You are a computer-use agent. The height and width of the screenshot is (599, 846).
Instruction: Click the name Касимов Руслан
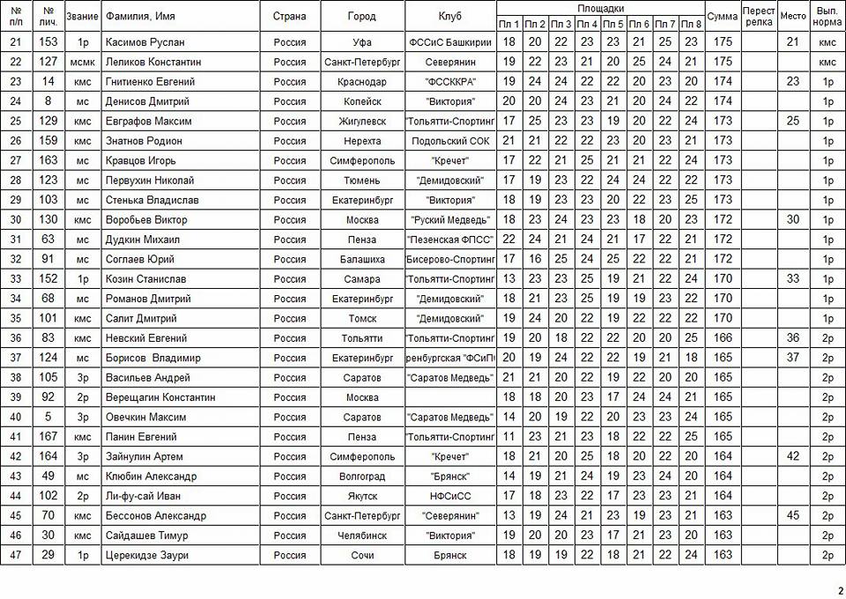coord(145,42)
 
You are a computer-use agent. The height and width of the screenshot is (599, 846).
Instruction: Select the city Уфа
coord(362,42)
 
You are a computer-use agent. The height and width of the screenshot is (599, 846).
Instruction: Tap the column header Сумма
coord(723,17)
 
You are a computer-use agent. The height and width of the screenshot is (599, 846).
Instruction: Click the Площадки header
coord(599,7)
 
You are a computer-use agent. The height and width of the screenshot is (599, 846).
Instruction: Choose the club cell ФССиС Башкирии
coord(449,42)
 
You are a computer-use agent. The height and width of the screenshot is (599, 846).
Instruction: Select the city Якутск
coord(362,496)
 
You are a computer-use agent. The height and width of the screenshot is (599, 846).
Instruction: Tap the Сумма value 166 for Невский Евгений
coord(723,338)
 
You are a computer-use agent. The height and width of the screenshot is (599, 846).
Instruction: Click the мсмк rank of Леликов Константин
coord(83,63)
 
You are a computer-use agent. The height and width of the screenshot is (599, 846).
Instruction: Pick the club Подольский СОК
coord(449,141)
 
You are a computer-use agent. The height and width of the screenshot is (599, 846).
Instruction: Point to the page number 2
coord(840,589)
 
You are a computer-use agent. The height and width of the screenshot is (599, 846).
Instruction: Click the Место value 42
coord(793,456)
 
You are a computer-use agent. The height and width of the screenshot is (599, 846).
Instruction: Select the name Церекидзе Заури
coord(146,555)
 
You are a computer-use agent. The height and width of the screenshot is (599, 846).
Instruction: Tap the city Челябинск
coord(362,536)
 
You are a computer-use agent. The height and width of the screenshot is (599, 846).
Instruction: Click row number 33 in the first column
coord(16,279)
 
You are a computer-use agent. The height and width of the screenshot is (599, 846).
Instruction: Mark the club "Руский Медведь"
coord(449,219)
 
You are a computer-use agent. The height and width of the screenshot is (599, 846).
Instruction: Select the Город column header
coord(362,17)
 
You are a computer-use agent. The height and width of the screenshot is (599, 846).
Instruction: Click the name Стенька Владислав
coord(152,200)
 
